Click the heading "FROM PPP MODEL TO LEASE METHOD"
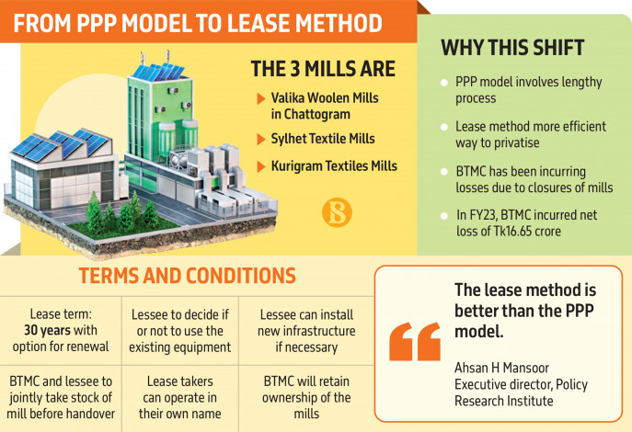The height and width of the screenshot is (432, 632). (x=198, y=23)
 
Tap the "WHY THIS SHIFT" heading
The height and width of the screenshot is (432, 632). (x=512, y=48)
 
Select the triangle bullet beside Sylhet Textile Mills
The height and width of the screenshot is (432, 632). (x=261, y=140)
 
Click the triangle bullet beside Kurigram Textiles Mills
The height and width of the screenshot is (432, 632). (x=261, y=166)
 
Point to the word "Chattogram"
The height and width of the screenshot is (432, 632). (x=310, y=114)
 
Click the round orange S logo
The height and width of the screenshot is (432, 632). (x=337, y=212)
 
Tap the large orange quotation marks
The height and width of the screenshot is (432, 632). (x=415, y=341)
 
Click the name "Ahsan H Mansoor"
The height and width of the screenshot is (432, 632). (x=501, y=368)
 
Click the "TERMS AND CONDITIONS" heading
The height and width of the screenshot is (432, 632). (x=187, y=276)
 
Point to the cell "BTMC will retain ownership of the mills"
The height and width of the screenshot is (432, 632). (x=306, y=397)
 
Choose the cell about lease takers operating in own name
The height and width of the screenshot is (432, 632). (x=179, y=397)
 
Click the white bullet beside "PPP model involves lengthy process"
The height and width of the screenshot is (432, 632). (x=444, y=83)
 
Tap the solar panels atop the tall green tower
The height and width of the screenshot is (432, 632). (x=158, y=72)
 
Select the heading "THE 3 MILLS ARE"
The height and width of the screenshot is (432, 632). (x=323, y=69)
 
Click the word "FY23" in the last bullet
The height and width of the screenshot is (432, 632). (x=482, y=215)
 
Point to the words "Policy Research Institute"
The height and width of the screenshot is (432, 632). (x=522, y=392)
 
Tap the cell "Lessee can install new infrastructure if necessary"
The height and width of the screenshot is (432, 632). (x=306, y=331)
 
